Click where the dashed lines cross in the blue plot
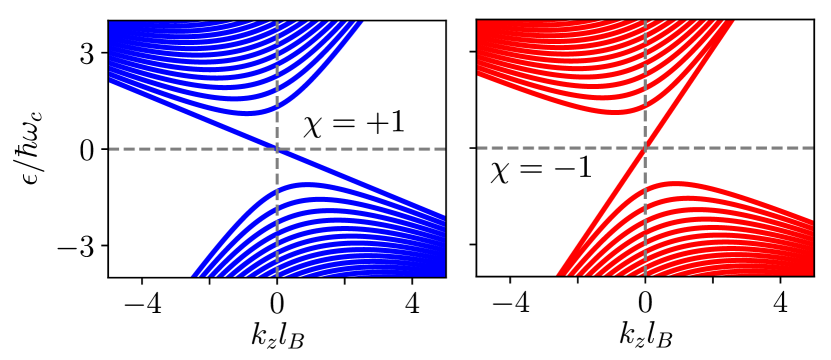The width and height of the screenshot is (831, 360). click(277, 149)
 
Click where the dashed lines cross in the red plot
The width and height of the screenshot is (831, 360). click(645, 148)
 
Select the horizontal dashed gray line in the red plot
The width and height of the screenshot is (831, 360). click(740, 148)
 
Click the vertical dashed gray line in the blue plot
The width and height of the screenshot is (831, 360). click(277, 60)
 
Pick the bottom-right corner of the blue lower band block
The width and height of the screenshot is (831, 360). click(443, 274)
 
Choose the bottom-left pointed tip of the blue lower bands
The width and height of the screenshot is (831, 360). click(193, 274)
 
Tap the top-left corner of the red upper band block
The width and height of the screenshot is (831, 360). click(479, 22)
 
